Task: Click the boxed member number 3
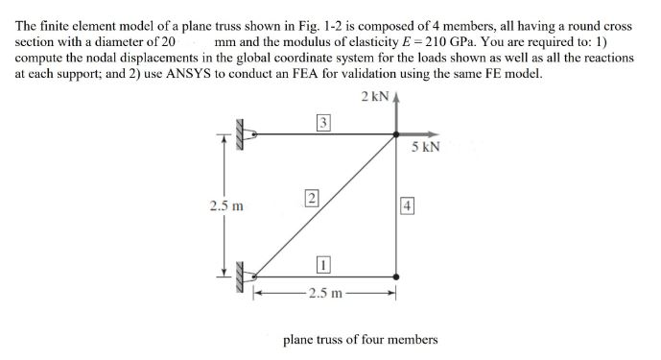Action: pos(324,122)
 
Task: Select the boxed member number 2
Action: pos(311,199)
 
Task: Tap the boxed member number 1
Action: pos(324,263)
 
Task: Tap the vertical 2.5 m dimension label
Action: pos(226,205)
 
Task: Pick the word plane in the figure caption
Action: pos(299,339)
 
